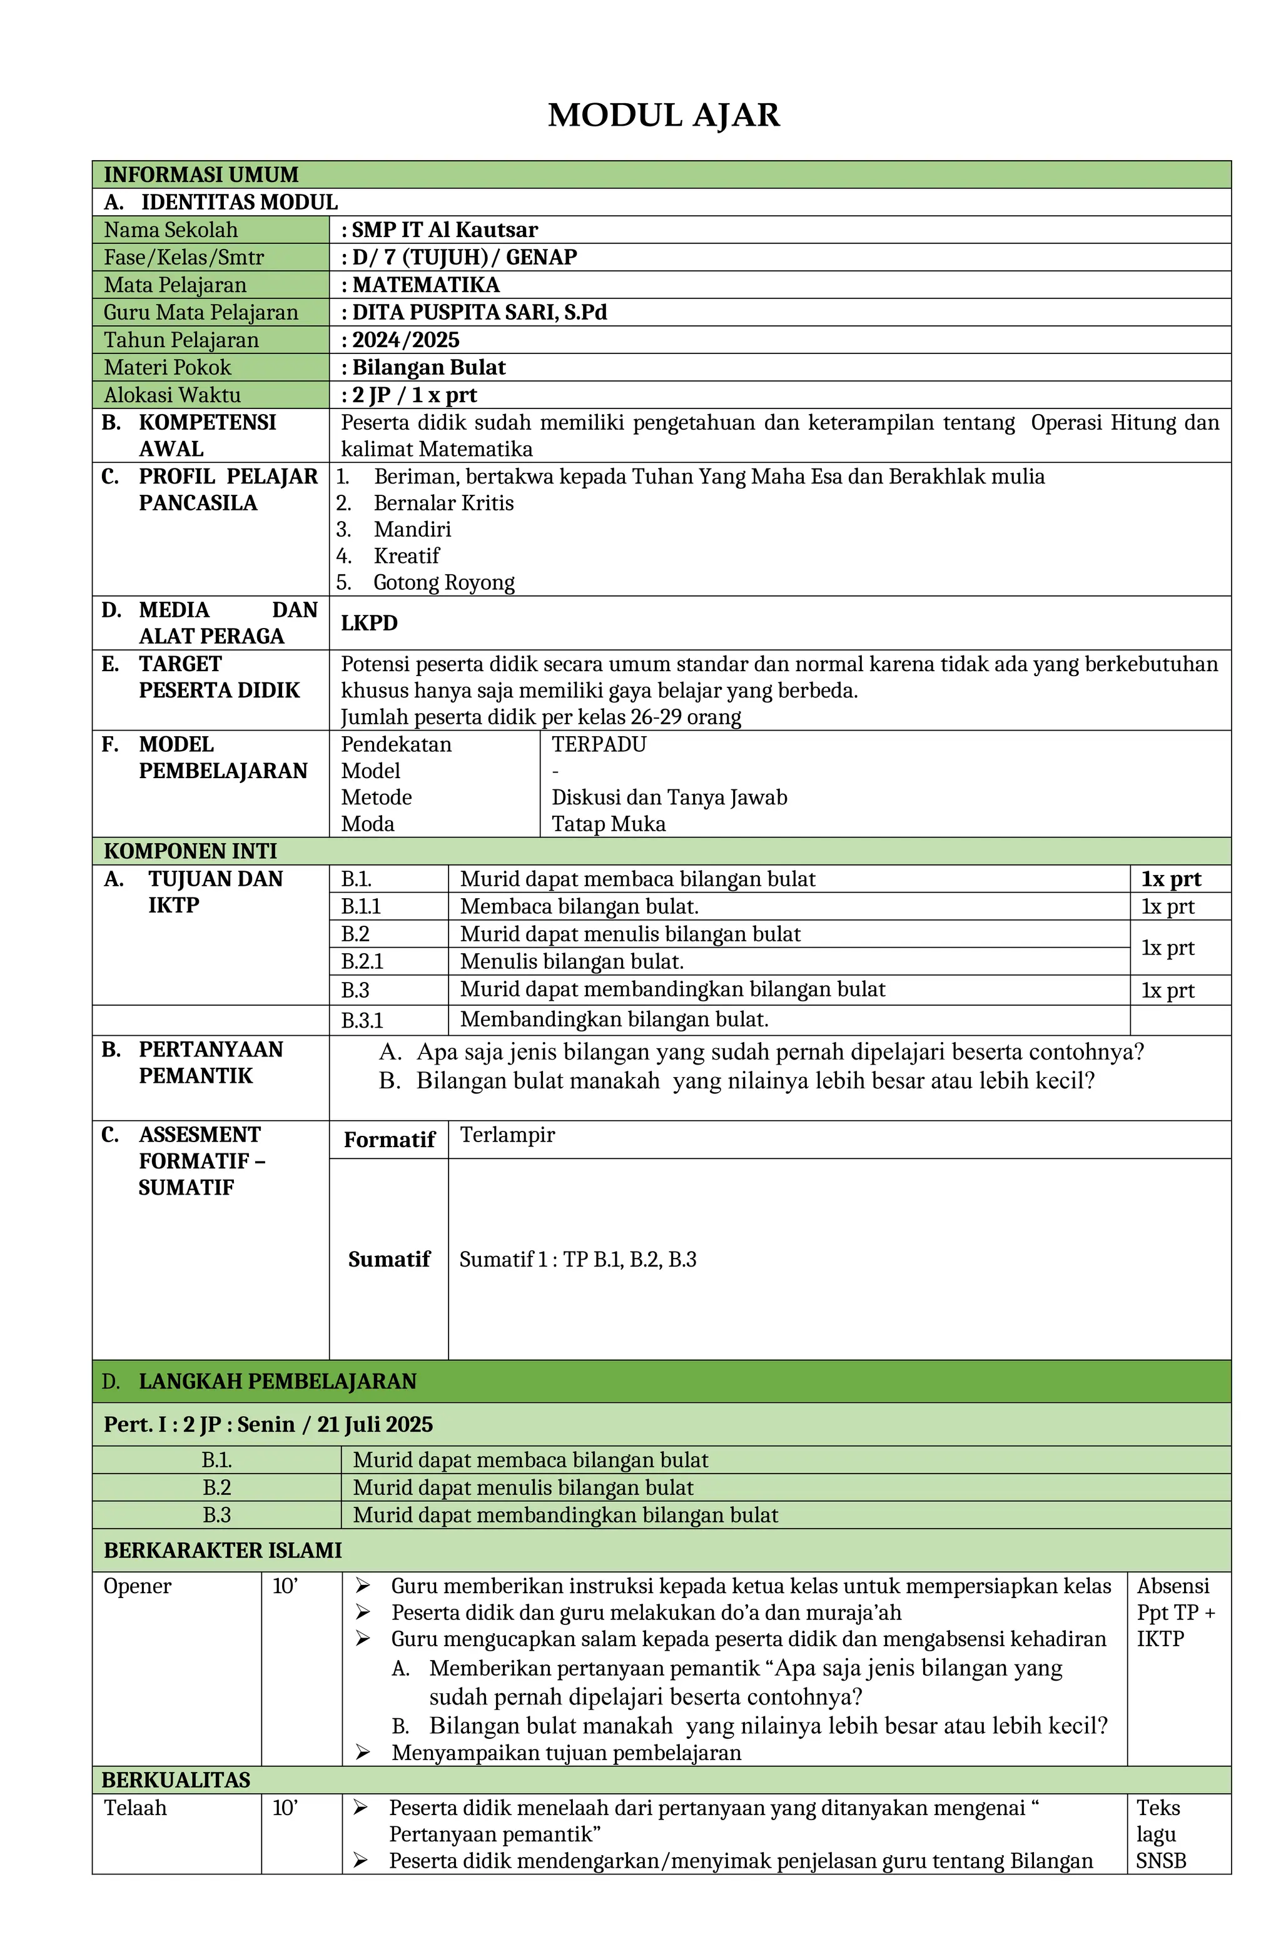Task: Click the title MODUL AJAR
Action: (x=664, y=115)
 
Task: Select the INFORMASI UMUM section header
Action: (x=201, y=175)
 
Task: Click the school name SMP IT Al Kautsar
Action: (x=445, y=230)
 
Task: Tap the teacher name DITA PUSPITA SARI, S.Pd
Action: (x=479, y=312)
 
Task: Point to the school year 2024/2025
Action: (x=406, y=340)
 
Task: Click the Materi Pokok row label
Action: (x=167, y=367)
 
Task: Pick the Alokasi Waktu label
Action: (x=172, y=395)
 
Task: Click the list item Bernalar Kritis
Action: (x=443, y=503)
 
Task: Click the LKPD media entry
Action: (x=369, y=623)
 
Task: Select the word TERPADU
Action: (x=599, y=744)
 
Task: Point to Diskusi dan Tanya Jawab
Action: (x=669, y=797)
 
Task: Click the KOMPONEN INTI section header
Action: (x=190, y=851)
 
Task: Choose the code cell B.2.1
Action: (x=362, y=961)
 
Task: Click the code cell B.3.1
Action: (x=362, y=1021)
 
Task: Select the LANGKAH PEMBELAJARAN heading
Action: (x=278, y=1381)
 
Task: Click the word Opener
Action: (x=138, y=1586)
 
